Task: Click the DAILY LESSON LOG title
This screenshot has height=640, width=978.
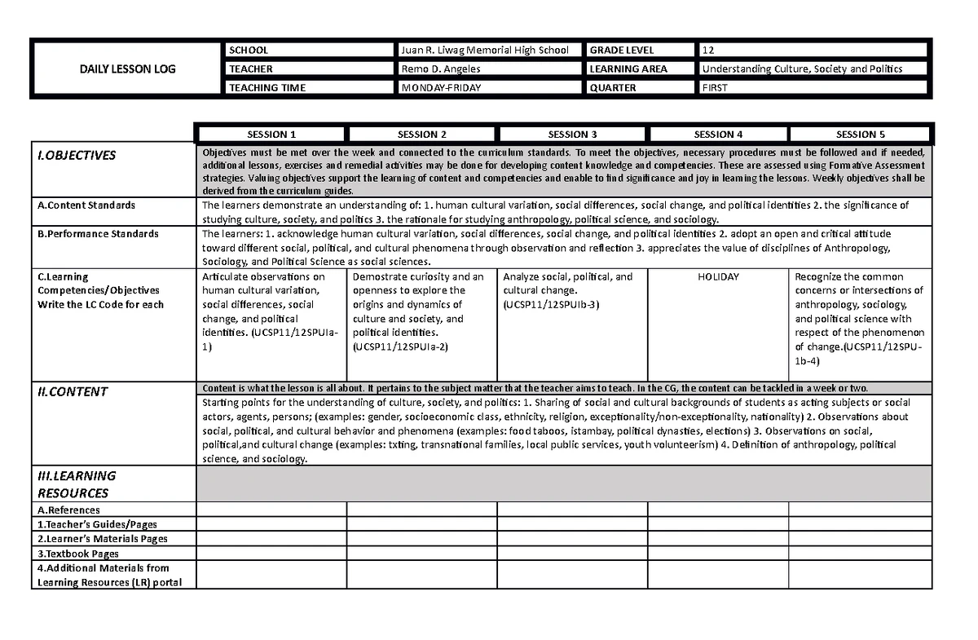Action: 127,69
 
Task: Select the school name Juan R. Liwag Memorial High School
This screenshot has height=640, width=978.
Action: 484,51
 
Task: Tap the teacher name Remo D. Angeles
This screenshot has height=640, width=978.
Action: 441,69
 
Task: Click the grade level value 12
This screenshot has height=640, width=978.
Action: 708,51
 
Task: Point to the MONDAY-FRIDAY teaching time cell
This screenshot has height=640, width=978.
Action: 441,88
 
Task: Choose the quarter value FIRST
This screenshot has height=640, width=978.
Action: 715,88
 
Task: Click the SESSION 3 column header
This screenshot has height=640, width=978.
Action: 572,135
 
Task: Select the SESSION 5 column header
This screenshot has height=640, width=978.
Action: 861,135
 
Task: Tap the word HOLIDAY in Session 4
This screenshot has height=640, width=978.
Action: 718,277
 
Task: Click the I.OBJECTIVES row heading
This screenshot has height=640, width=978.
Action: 77,156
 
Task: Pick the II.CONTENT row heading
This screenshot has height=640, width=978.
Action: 73,391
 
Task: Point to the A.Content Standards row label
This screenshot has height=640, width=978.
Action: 86,205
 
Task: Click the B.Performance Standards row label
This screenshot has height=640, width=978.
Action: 99,234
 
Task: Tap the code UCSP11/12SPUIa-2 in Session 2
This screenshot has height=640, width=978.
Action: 400,346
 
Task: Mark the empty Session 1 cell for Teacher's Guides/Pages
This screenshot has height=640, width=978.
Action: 271,524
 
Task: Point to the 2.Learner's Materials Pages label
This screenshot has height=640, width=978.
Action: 103,539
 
